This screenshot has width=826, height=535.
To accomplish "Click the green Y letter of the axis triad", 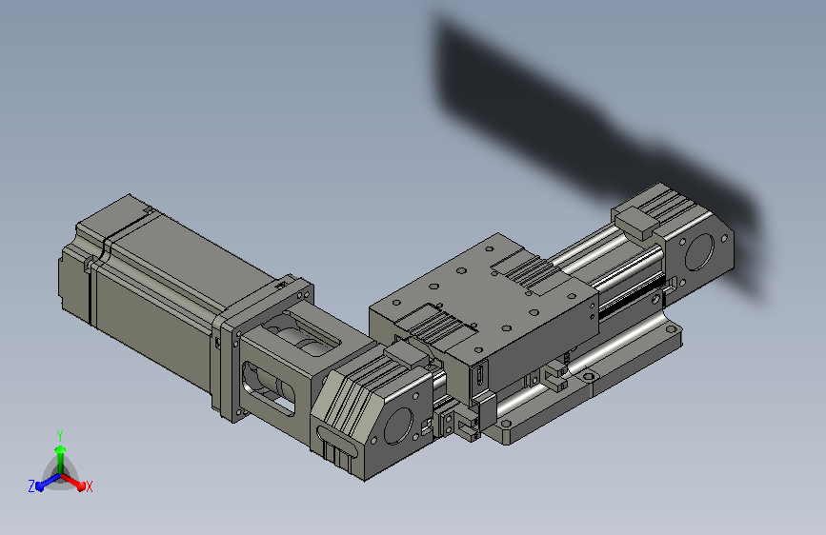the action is (60, 435).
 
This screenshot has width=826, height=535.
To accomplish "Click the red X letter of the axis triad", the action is (89, 487).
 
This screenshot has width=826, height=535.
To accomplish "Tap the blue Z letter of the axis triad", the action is (31, 486).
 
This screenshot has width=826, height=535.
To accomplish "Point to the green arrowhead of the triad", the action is (61, 449).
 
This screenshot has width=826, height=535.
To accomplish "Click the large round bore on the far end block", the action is (699, 251).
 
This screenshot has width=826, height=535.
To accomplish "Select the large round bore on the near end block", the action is (398, 426).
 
